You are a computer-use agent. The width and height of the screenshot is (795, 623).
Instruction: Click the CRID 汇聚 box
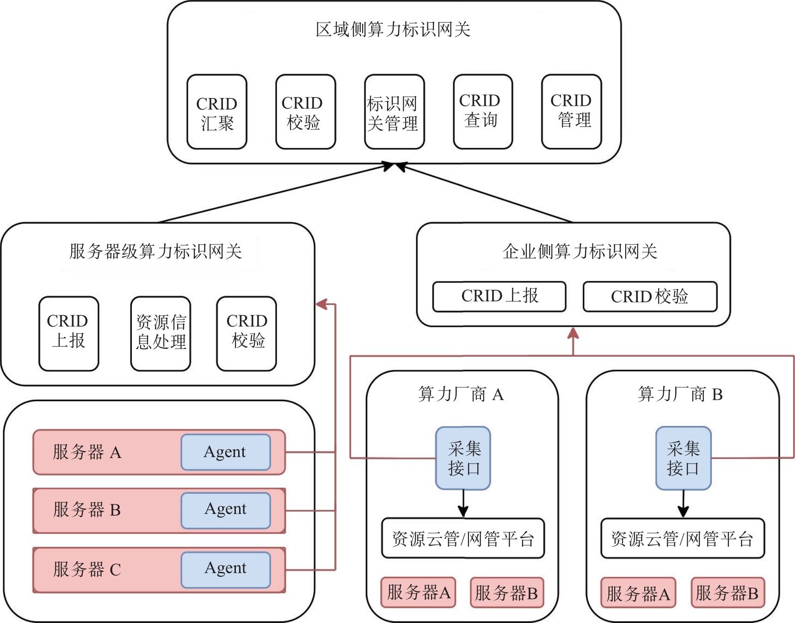[x=217, y=112]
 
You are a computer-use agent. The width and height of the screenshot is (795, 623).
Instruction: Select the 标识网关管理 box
[x=394, y=112]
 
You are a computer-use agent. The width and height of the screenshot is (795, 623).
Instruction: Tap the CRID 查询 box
[x=483, y=112]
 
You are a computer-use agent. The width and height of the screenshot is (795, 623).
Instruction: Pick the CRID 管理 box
[x=572, y=112]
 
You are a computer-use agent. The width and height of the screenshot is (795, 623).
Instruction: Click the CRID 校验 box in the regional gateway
[x=305, y=112]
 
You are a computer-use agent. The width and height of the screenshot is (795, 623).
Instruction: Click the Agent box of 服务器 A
[x=226, y=452]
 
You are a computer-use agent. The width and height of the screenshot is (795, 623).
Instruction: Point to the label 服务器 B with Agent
[x=87, y=510]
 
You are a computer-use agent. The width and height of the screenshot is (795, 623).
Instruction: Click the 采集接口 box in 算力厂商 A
[x=463, y=458]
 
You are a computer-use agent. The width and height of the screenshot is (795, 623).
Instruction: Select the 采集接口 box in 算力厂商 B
[x=683, y=458]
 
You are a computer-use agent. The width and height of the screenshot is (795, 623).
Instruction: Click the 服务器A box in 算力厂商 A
[x=418, y=592]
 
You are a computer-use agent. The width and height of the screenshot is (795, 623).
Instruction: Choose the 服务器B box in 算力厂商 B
[x=727, y=592]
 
